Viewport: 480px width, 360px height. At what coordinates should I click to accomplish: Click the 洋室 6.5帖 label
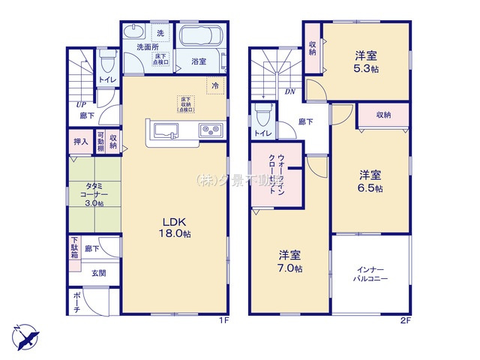click(370, 181)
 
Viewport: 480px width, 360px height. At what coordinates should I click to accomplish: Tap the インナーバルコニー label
click(370, 273)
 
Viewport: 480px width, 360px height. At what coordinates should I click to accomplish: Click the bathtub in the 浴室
click(199, 37)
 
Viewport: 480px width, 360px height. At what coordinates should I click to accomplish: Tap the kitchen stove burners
click(209, 130)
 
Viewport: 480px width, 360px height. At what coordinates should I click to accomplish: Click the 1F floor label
click(223, 319)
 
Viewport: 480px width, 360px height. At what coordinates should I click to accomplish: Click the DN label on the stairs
click(289, 92)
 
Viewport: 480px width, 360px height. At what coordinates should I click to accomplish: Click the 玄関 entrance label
click(98, 273)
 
